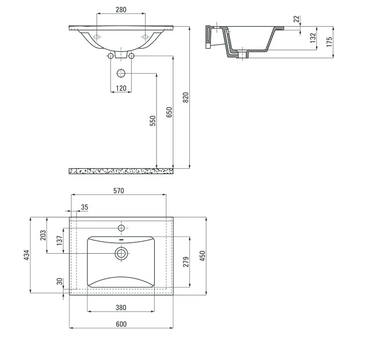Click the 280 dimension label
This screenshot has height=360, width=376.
[121, 9]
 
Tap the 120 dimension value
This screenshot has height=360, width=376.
[121, 88]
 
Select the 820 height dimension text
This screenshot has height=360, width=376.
[186, 97]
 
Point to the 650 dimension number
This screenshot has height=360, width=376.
[169, 112]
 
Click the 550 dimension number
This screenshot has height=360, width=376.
[153, 121]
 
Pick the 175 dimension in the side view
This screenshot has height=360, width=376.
[329, 42]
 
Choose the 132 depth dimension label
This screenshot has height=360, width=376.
[313, 38]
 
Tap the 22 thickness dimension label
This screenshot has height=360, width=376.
[297, 19]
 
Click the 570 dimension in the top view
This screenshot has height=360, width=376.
[119, 191]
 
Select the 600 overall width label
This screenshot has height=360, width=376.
[121, 324]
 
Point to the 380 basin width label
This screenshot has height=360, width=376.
[121, 307]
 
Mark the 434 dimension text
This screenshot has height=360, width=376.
[27, 255]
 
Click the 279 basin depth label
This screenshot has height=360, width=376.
[186, 262]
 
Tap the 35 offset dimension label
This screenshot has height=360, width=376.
[85, 207]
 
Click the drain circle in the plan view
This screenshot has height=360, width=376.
[121, 253]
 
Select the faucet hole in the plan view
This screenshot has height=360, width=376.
[121, 228]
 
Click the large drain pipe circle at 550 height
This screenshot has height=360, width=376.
[121, 73]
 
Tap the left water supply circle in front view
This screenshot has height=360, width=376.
[110, 56]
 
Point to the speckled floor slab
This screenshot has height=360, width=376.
[121, 171]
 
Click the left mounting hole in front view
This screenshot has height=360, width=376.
[97, 37]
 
